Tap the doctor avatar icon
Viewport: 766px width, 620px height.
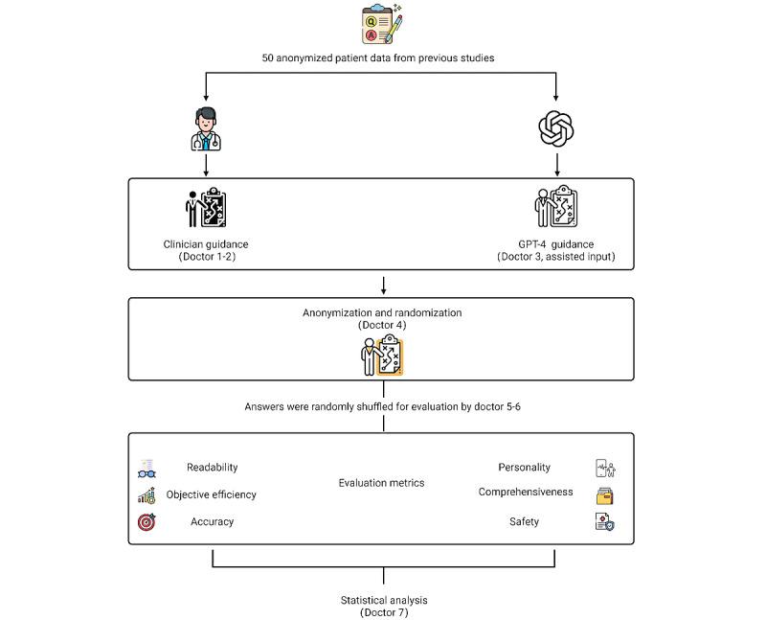point(207,129)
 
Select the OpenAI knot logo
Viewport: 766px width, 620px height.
point(556,128)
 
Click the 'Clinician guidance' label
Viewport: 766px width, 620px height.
point(206,244)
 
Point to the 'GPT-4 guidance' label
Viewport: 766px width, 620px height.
point(555,244)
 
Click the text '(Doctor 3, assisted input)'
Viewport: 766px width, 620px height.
point(555,258)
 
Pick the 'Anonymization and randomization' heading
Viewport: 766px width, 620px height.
point(383,312)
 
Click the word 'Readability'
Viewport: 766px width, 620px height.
point(212,468)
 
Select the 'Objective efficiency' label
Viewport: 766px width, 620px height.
point(212,494)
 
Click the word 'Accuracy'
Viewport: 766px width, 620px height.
point(212,521)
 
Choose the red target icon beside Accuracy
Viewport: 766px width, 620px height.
point(146,522)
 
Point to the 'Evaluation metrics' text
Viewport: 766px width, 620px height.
point(381,483)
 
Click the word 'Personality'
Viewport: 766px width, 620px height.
point(524,468)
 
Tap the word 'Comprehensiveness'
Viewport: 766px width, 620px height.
point(526,492)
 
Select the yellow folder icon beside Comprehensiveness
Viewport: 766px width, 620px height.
point(605,495)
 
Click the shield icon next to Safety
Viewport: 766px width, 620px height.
point(604,522)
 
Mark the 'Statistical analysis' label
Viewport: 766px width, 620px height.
point(383,600)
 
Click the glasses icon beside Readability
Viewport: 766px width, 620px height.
point(146,469)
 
